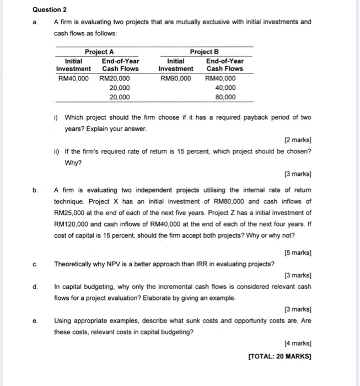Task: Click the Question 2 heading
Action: (50, 9)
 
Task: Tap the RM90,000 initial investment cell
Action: (176, 78)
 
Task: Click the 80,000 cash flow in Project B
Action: (225, 97)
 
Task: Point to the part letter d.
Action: (35, 286)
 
